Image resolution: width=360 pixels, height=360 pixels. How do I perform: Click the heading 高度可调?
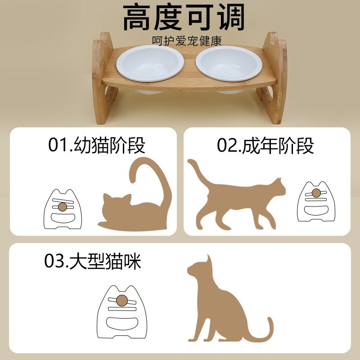coord(184,18)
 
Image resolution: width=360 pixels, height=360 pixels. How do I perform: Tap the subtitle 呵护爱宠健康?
coord(187,41)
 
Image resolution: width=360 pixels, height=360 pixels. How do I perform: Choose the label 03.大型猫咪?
coord(93,261)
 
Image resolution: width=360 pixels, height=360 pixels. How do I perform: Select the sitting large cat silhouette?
coord(216,301)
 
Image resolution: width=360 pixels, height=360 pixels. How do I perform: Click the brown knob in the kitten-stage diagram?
coord(63,207)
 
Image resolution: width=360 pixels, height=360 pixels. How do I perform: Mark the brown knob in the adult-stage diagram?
coord(317,193)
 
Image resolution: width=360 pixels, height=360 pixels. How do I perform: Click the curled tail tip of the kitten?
coord(133,178)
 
